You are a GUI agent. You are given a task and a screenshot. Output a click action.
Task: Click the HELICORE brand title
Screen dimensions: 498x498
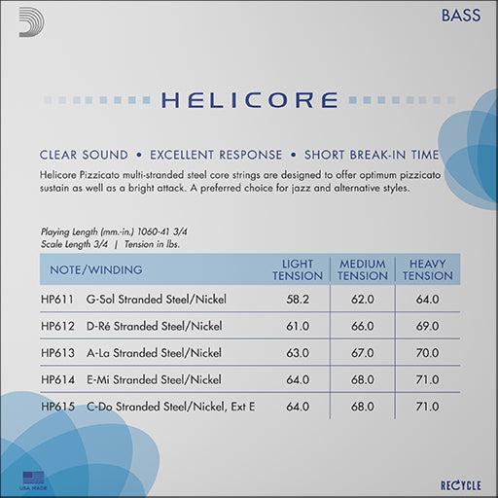[x=249, y=100]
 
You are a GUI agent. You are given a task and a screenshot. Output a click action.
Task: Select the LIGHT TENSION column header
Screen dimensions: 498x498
[x=297, y=269]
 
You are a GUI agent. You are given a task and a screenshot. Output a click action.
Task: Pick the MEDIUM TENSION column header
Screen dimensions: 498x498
[x=363, y=269]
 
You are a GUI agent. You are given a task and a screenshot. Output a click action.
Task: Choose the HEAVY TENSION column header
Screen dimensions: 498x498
[x=428, y=269]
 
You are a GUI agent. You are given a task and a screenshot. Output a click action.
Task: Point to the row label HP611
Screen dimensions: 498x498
[x=57, y=302]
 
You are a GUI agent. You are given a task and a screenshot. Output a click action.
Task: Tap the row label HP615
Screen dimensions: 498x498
[x=57, y=406]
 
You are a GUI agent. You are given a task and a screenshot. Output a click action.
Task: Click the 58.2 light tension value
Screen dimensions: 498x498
[x=297, y=302]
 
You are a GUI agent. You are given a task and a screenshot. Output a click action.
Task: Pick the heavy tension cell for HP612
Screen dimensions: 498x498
[x=428, y=328]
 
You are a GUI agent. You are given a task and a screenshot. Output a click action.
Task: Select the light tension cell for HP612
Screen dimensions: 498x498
[x=297, y=328]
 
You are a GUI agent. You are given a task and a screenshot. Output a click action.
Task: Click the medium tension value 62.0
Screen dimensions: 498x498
[x=363, y=302]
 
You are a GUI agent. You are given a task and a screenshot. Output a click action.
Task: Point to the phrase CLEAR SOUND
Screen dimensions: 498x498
[x=84, y=155]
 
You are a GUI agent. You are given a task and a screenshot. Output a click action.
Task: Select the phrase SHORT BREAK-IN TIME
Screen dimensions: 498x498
[x=372, y=155]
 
